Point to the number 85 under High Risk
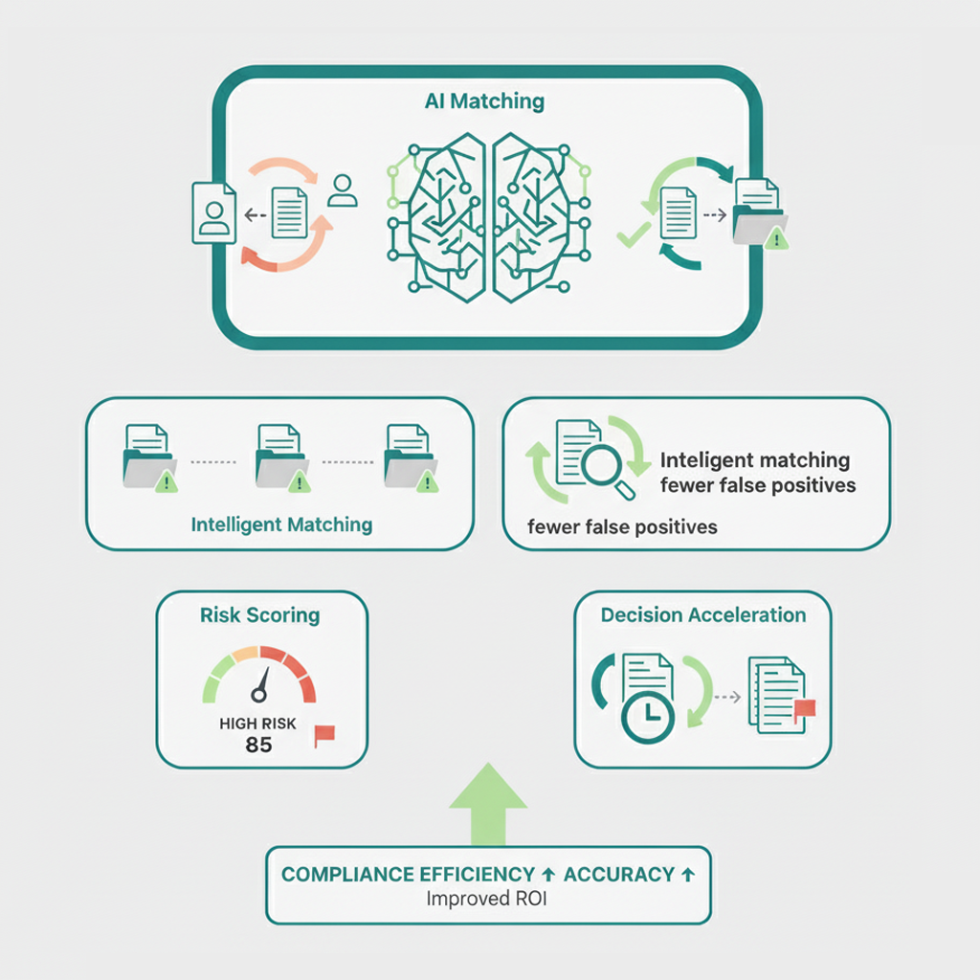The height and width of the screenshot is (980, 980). click(x=258, y=744)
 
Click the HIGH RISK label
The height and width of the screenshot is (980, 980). click(x=259, y=723)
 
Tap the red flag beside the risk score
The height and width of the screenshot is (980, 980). click(x=324, y=735)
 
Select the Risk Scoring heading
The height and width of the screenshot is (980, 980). click(x=260, y=615)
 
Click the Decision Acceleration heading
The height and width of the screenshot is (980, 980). click(x=703, y=615)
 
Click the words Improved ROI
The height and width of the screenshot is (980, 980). click(x=487, y=900)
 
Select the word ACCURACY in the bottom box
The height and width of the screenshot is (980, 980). click(x=619, y=874)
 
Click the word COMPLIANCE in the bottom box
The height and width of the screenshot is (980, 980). click(x=349, y=874)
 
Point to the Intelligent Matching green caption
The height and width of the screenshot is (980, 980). click(x=281, y=524)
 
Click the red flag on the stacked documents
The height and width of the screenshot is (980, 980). click(x=804, y=709)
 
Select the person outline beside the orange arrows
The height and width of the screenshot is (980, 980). click(x=342, y=191)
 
